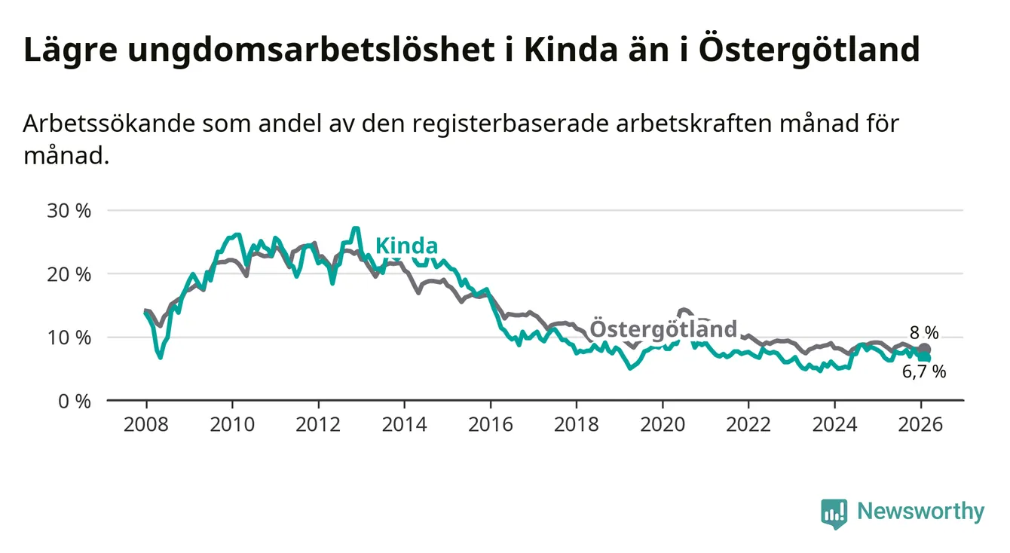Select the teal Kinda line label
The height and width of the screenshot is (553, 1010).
406,246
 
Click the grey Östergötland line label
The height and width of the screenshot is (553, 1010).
663,328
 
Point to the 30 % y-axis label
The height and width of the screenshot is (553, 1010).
69,210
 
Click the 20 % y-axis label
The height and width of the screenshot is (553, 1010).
69,274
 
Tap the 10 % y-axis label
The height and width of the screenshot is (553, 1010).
69,338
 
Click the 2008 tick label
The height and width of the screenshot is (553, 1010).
146,424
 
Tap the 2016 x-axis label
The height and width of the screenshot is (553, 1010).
491,424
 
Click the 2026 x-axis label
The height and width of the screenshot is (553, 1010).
921,424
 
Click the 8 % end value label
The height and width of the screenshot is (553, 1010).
924,332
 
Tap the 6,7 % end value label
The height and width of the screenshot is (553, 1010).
924,371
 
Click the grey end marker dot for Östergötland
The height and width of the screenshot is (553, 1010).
925,349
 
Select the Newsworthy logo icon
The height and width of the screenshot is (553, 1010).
834,513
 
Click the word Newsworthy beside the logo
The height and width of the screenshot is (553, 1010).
920,512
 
